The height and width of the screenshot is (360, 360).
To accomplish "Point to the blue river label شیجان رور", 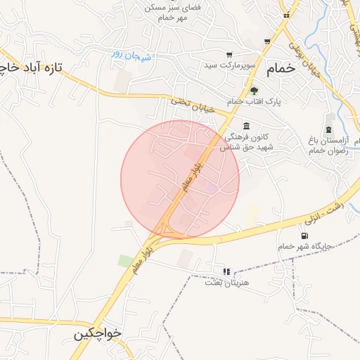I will [128, 54].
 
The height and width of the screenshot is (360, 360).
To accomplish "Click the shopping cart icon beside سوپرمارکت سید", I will [229, 54].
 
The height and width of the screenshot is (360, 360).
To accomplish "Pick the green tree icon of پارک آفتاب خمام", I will [254, 91].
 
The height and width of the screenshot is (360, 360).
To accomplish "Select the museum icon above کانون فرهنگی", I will [245, 126].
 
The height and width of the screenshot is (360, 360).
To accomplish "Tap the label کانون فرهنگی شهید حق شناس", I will [245, 141].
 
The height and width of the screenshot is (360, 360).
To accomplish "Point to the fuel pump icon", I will [304, 236].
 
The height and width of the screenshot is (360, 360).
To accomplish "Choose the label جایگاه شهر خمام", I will [305, 247].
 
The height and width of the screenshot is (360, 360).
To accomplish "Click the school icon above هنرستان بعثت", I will [226, 271].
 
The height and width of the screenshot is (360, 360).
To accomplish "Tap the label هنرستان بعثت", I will [223, 282].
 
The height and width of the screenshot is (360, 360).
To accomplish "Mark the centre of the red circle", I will [180, 180].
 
